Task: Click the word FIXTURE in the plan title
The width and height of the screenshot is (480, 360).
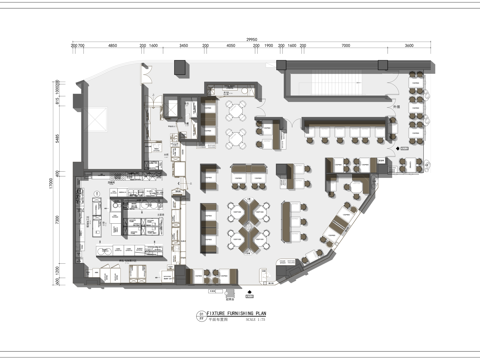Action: (220, 313)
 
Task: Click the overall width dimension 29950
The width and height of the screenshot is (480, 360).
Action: (250, 38)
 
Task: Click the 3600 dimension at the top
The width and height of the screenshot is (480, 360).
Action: (409, 46)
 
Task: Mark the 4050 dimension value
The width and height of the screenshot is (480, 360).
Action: (231, 46)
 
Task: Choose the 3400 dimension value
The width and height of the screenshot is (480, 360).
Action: (184, 46)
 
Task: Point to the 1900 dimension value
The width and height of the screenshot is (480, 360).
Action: (268, 46)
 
